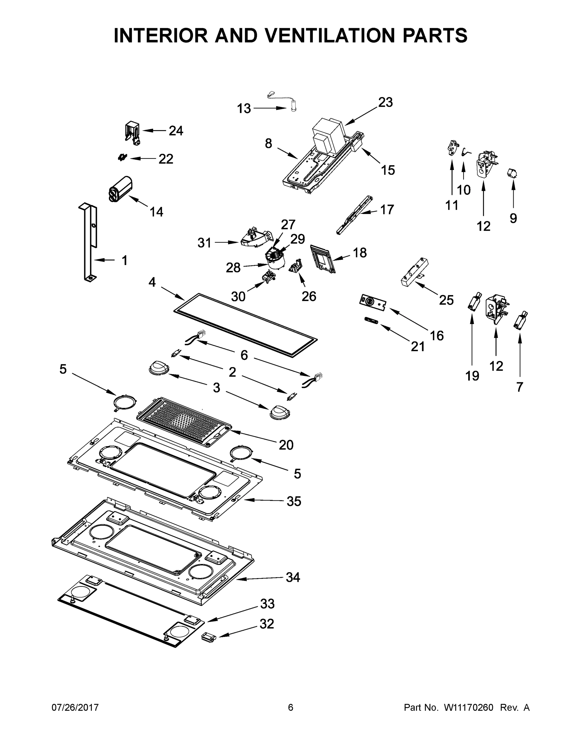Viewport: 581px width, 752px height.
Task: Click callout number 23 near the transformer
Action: pyautogui.click(x=385, y=102)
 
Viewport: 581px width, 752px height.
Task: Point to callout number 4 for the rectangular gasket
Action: pyautogui.click(x=152, y=282)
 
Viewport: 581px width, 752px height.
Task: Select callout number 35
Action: pyautogui.click(x=294, y=501)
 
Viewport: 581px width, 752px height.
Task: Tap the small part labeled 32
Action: pyautogui.click(x=208, y=637)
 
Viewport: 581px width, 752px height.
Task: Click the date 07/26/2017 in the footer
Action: pyautogui.click(x=75, y=708)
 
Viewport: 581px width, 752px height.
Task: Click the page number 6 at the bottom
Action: pyautogui.click(x=291, y=708)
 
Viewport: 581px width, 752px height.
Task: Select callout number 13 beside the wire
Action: pyautogui.click(x=244, y=109)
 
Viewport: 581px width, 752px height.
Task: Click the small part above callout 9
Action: pyautogui.click(x=512, y=173)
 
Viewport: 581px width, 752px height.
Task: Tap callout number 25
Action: pyautogui.click(x=446, y=300)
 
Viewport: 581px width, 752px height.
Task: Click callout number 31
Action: pyautogui.click(x=204, y=243)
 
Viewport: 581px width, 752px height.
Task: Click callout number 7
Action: pyautogui.click(x=520, y=387)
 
